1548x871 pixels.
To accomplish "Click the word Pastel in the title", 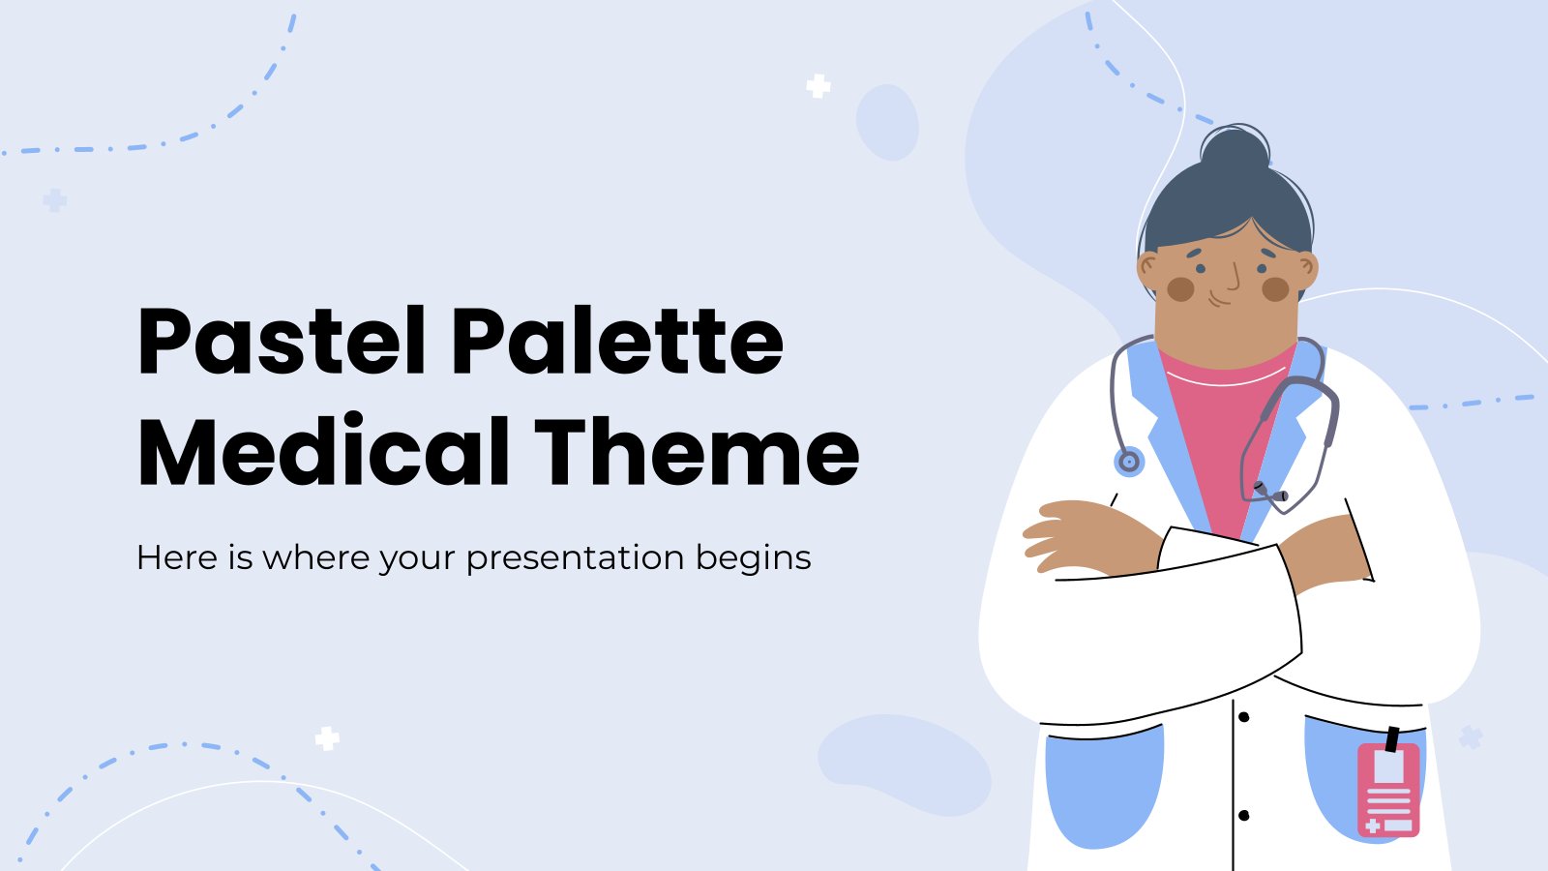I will tap(281, 342).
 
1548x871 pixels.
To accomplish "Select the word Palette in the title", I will tap(616, 342).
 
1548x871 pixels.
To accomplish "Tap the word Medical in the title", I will tap(324, 452).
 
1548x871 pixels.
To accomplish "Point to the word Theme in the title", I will tap(697, 452).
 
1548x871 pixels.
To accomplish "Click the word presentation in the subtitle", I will tap(575, 558).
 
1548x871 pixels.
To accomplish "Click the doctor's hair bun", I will tap(1234, 151).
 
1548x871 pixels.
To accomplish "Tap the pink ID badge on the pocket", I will tap(1388, 789).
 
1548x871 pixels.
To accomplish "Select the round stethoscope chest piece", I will tap(1128, 462).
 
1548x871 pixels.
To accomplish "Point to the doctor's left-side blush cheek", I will tap(1180, 288).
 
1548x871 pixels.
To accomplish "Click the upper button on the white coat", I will tap(1243, 717).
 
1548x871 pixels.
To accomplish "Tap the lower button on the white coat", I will tap(1243, 816).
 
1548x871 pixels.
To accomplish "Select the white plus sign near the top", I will tap(819, 86).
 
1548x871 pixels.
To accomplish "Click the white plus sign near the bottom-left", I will tap(327, 739).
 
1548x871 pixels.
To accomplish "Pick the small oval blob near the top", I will tap(887, 122).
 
